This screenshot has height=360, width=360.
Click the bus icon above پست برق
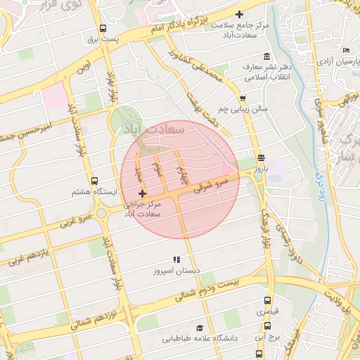103,29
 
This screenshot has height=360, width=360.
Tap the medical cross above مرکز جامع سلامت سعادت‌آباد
240,14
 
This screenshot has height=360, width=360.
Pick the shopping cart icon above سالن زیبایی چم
243,98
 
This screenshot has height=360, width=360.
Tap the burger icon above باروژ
262,157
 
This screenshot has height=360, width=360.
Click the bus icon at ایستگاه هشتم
95,180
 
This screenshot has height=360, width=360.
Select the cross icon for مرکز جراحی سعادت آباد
143,193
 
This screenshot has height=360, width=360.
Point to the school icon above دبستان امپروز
176,259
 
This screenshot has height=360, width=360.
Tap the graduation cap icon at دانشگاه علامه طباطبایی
200,328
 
